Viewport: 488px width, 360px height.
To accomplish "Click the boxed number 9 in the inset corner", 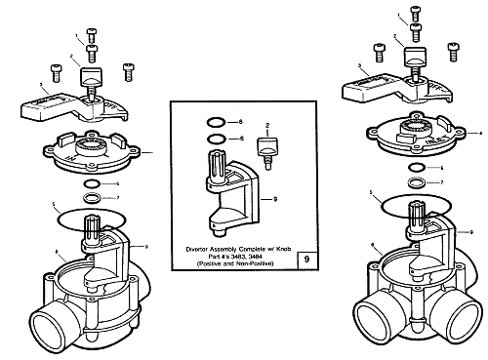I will click(x=308, y=260).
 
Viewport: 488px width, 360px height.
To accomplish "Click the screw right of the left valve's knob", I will click(x=128, y=71).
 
